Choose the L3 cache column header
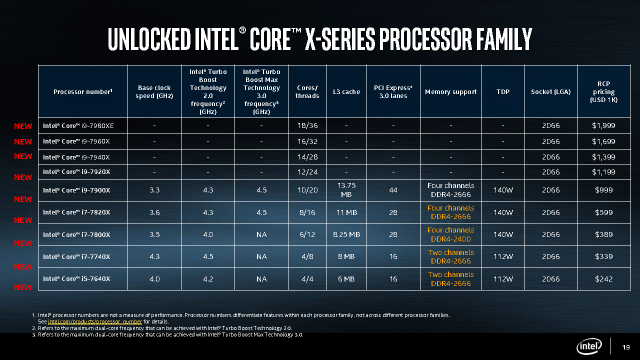(x=347, y=92)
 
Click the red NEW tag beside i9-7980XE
(x=22, y=127)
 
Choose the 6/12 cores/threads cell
(x=309, y=233)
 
